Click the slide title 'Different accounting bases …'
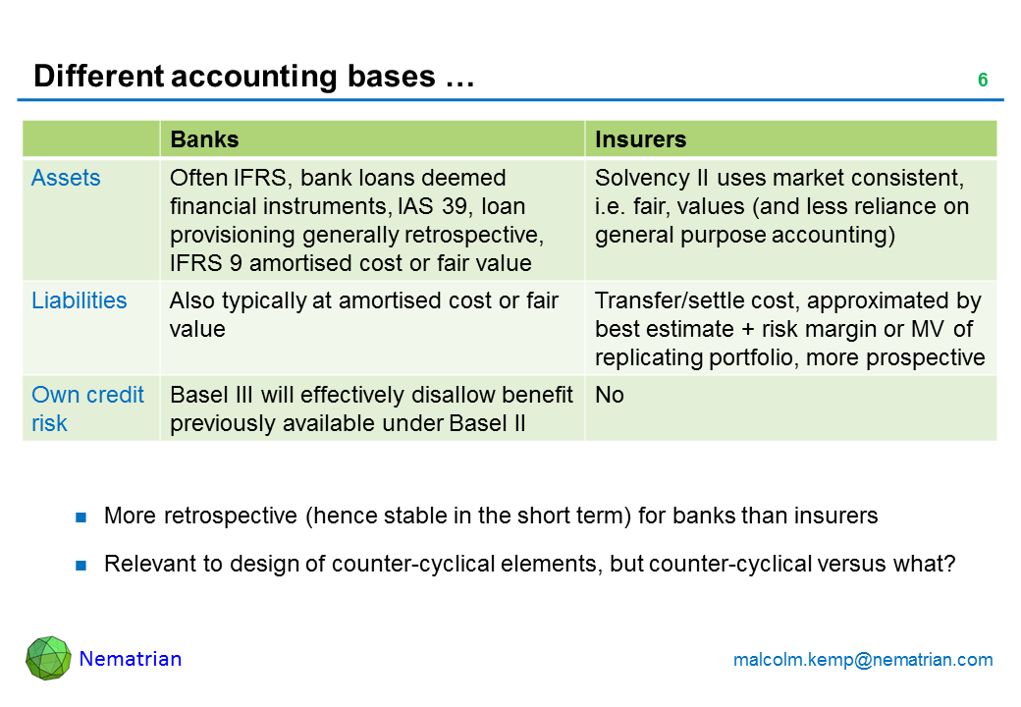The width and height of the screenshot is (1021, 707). (x=253, y=78)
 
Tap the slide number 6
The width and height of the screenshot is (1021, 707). (x=982, y=81)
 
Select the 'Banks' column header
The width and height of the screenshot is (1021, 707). (x=204, y=139)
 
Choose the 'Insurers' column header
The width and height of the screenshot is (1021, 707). (x=640, y=139)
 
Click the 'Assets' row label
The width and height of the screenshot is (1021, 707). (x=66, y=178)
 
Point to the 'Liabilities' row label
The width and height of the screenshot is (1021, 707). (x=79, y=300)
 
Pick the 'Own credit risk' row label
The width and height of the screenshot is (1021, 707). (x=87, y=408)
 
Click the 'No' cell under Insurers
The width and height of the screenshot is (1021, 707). (x=609, y=395)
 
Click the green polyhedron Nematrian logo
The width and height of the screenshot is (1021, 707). (x=48, y=658)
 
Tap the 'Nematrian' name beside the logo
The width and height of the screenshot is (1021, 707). (x=130, y=659)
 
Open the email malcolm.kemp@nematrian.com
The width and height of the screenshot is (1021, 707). (x=863, y=660)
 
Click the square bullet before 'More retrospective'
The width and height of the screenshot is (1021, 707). (x=82, y=517)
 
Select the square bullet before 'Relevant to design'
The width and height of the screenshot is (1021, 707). (x=82, y=566)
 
